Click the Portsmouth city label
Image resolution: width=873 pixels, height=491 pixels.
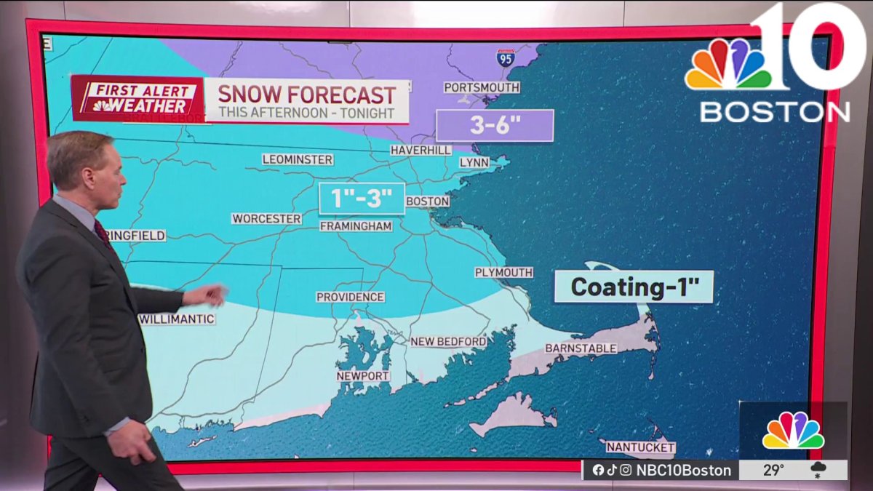click(482, 87)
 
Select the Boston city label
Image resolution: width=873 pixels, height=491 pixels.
click(427, 201)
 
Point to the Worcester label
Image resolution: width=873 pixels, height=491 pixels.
click(266, 218)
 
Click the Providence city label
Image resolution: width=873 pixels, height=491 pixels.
click(350, 297)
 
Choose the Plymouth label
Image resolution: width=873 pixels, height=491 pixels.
click(503, 272)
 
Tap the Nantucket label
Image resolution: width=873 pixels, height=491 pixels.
click(640, 447)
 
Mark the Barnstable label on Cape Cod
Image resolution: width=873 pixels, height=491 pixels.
click(581, 348)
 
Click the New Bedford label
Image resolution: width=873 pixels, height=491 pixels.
click(448, 341)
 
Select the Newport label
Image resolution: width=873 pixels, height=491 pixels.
click(362, 376)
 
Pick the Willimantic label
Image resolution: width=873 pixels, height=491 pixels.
click(177, 319)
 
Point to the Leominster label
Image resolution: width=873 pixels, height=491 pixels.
click(297, 159)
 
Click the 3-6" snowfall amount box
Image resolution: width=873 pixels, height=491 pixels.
click(495, 125)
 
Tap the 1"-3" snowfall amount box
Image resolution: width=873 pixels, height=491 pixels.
click(362, 199)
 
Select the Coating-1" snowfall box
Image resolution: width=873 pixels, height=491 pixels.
click(634, 287)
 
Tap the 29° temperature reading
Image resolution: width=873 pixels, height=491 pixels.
click(773, 470)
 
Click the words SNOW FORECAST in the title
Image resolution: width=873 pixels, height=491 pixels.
click(307, 95)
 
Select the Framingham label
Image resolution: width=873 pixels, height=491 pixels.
click(356, 226)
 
